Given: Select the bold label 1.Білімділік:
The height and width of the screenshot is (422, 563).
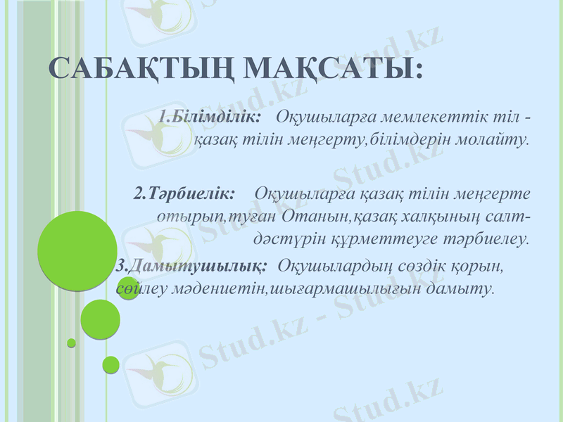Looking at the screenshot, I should click(210, 115).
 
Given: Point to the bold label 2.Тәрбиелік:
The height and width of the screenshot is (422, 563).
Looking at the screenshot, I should click(184, 192).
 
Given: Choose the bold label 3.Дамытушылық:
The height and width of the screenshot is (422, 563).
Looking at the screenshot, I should click(191, 267).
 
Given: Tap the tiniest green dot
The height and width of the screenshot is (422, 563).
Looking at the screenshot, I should click(71, 343).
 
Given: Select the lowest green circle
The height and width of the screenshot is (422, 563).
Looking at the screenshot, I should click(110, 364).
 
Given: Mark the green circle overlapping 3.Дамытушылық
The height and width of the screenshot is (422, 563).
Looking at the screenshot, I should click(127, 288).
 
